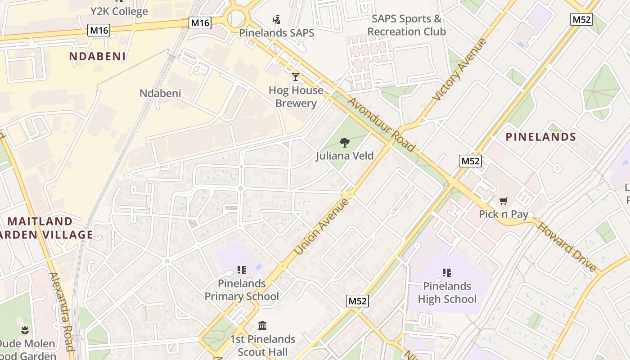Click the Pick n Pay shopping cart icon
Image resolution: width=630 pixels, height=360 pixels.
tap(503, 201)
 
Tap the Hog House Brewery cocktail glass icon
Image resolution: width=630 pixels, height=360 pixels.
tap(296, 77)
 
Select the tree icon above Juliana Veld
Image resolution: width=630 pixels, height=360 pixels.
tap(345, 143)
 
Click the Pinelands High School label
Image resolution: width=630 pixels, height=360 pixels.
tap(447, 292)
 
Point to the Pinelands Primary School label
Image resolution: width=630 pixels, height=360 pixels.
tap(242, 290)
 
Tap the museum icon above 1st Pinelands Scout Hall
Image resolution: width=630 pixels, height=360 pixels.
tap(262, 325)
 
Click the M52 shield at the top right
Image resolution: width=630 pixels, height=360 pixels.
tap(581, 19)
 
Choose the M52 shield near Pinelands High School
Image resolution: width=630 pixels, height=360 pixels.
tap(357, 301)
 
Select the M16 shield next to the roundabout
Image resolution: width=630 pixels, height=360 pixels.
tap(200, 23)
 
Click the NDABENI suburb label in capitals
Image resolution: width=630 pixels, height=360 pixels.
tap(97, 56)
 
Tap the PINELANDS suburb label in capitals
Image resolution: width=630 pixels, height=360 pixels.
tap(541, 137)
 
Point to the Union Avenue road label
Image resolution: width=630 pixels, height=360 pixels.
tap(321, 226)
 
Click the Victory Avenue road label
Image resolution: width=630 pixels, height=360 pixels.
tap(459, 70)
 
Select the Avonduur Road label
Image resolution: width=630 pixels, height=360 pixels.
tap(381, 125)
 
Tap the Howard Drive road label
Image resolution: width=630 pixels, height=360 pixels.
tap(567, 247)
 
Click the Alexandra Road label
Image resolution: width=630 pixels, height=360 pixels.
tap(61, 311)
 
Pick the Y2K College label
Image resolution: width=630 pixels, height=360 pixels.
tap(119, 11)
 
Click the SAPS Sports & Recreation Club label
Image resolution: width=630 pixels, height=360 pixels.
tap(406, 25)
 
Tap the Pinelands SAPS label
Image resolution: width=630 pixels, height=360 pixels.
tap(276, 33)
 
